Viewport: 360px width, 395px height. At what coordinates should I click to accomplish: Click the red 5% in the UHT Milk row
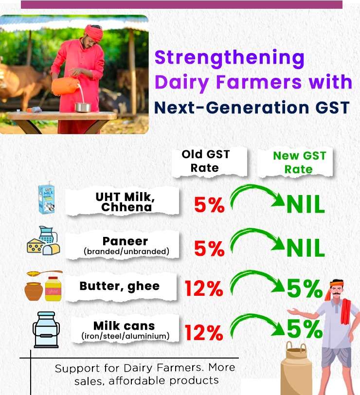pos(209,205)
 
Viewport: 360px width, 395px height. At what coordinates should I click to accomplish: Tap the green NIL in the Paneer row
pos(306,248)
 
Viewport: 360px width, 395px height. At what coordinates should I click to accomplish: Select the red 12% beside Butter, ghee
pos(204,288)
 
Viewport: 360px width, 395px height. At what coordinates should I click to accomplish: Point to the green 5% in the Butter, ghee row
pos(305,288)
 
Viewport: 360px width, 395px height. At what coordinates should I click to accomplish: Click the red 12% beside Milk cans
pos(204,332)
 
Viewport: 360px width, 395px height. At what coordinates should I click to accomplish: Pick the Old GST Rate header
pos(205,161)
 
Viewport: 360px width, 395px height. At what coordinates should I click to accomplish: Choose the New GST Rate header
pos(299,162)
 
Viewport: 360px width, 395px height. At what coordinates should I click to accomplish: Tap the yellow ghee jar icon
pos(53,288)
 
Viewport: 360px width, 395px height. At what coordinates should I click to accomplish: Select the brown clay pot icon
pos(34,291)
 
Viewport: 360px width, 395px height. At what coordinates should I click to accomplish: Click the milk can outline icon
pos(46,330)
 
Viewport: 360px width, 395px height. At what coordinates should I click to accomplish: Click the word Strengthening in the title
pos(229,58)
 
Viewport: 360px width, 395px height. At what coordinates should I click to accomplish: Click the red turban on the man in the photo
pos(94,32)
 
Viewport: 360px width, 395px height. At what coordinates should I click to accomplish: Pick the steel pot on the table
pos(83,108)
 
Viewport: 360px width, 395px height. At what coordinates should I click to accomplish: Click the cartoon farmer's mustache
pos(336,294)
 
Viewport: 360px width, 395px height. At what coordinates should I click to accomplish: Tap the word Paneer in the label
pos(125,241)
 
